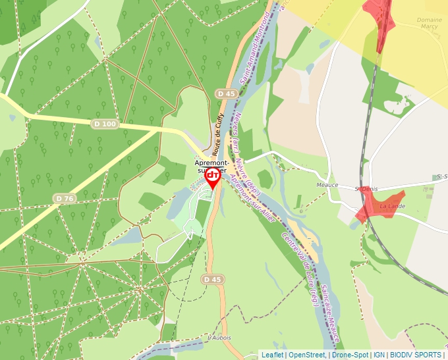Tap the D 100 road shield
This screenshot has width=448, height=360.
[105, 124]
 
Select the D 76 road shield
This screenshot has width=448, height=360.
[65, 198]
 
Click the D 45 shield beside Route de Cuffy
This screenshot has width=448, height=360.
[226, 94]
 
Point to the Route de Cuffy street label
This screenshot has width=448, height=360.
[219, 134]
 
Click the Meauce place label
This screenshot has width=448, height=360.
[327, 185]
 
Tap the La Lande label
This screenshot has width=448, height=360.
[393, 206]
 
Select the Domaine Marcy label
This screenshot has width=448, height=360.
[430, 24]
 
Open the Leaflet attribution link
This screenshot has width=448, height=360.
[272, 355]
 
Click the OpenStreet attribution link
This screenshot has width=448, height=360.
[306, 355]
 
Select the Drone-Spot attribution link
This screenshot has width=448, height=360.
[350, 355]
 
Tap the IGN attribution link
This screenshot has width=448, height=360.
[379, 355]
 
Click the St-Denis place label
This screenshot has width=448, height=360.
[366, 189]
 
